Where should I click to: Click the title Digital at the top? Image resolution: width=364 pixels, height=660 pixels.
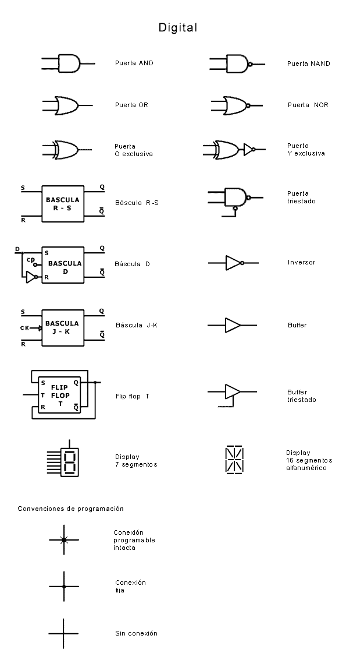[179, 27]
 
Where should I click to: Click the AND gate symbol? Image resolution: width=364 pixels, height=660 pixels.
[69, 63]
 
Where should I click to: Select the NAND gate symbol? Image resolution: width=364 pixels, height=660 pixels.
[237, 63]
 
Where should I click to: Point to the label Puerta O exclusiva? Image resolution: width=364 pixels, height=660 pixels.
[134, 150]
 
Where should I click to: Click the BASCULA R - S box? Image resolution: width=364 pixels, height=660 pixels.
[62, 204]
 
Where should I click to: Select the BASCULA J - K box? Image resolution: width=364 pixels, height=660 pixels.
[62, 327]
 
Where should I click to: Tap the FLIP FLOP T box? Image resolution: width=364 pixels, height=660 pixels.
[59, 395]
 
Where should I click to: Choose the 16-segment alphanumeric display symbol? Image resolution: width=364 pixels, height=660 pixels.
[234, 459]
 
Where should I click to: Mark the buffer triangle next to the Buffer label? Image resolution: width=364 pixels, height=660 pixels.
[233, 325]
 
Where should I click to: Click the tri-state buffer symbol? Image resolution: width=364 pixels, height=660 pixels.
[233, 391]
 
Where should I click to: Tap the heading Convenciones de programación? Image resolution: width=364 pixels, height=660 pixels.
[70, 509]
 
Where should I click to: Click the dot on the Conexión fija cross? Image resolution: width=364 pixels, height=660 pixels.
[64, 586]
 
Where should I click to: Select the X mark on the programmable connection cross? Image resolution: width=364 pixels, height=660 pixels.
[64, 540]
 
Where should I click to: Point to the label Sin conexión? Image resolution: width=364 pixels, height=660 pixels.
[136, 633]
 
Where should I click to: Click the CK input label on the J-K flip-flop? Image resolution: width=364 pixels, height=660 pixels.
[24, 328]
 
